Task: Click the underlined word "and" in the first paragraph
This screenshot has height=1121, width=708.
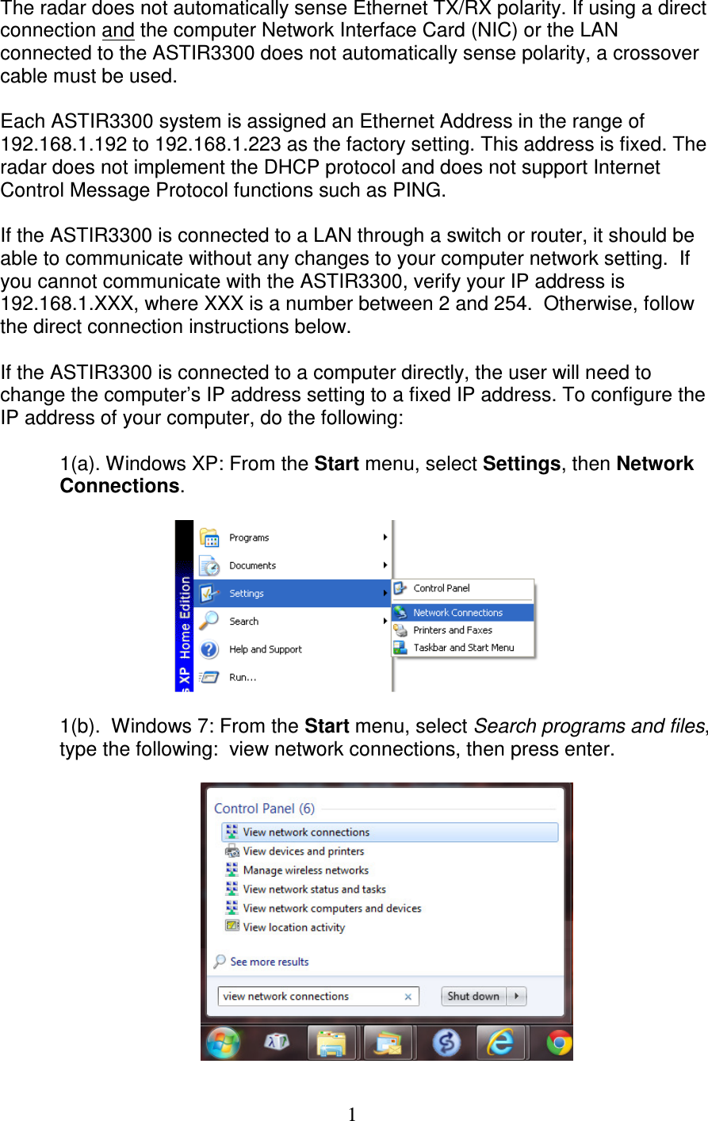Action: point(118,31)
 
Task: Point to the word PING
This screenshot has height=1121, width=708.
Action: point(417,190)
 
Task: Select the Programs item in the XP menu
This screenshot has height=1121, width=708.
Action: point(249,538)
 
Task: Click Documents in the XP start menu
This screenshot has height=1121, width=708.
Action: point(252,565)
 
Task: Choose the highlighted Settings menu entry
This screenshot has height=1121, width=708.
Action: point(247,594)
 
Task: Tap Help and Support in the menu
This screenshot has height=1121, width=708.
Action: point(265,649)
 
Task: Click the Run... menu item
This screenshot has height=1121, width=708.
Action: point(243,677)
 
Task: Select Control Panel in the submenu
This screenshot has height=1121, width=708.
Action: point(442,588)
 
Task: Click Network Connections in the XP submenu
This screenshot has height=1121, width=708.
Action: point(457,613)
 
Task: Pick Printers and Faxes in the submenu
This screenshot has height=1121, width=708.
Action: point(453,630)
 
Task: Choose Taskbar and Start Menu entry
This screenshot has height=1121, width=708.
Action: point(463,648)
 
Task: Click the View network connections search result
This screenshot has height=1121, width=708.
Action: point(306,832)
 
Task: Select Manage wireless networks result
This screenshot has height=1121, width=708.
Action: point(305,870)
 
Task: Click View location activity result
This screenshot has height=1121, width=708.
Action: point(293,928)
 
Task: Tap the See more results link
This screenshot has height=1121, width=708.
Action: point(269,962)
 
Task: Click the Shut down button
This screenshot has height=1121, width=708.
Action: point(473,997)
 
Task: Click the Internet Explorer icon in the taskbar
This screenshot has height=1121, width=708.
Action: point(500,1043)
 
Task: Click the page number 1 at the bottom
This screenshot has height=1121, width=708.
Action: point(352,1114)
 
